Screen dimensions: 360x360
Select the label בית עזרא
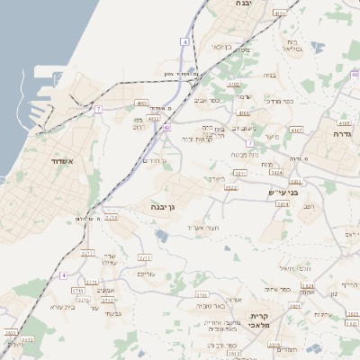(x=58, y=307)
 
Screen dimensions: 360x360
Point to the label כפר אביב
(x=207, y=100)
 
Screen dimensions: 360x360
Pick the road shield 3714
(x=111, y=218)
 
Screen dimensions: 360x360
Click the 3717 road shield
(x=87, y=255)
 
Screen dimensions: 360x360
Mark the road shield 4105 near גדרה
(x=344, y=121)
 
